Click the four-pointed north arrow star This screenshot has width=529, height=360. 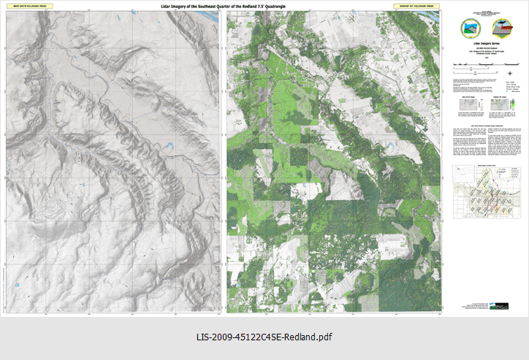point(511,72)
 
